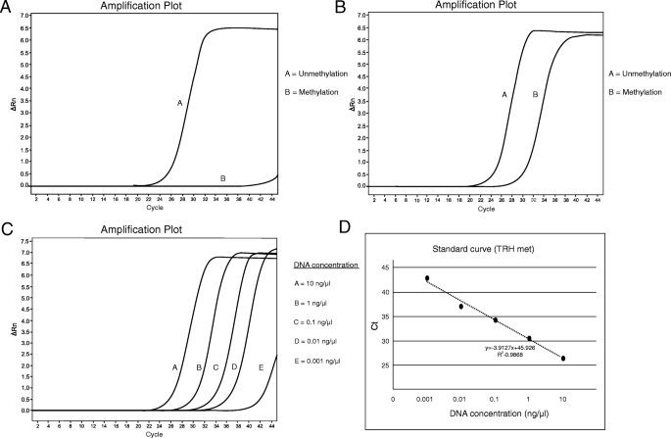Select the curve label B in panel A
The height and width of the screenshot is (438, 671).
[x=223, y=177]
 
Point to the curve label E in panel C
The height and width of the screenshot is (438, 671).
[x=261, y=366]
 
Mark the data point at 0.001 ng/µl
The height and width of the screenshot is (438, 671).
[x=427, y=278]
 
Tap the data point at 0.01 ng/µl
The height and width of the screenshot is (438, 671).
[x=460, y=307]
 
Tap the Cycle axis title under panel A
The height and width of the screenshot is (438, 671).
[x=149, y=208]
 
